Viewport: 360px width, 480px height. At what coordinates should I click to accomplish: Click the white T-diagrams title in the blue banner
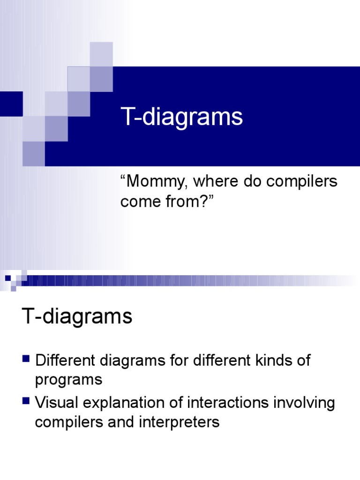pyautogui.click(x=182, y=117)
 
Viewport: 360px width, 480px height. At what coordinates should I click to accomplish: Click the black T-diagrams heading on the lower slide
pyautogui.click(x=77, y=317)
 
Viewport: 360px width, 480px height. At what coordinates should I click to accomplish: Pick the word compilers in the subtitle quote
pyautogui.click(x=305, y=181)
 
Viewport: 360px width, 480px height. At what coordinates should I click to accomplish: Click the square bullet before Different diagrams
pyautogui.click(x=26, y=360)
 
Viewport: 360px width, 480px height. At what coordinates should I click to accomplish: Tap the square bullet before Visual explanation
pyautogui.click(x=26, y=401)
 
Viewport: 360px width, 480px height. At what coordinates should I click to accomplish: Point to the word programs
pyautogui.click(x=68, y=380)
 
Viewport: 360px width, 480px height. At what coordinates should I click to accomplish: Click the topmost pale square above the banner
pyautogui.click(x=101, y=53)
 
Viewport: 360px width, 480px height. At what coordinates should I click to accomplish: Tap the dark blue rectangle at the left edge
pyautogui.click(x=11, y=104)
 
